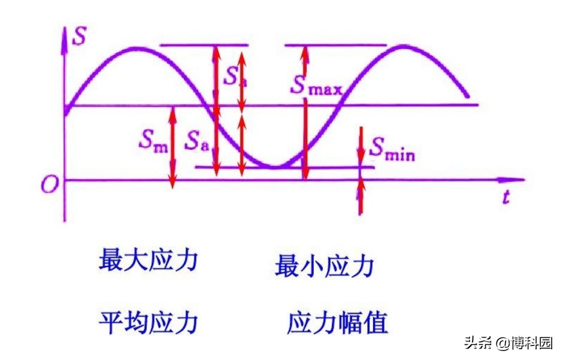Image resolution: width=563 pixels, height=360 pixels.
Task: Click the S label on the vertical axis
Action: point(78,37)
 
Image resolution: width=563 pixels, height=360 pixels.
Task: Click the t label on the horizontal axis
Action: point(506,198)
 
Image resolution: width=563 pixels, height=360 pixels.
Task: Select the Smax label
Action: point(316,85)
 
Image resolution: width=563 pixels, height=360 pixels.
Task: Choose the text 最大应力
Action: point(148,261)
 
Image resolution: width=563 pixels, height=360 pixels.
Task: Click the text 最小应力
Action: point(324,265)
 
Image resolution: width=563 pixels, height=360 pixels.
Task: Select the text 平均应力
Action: point(148,323)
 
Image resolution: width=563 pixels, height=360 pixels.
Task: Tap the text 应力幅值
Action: point(338,323)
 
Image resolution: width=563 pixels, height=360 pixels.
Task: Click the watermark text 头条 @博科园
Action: point(508,343)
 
